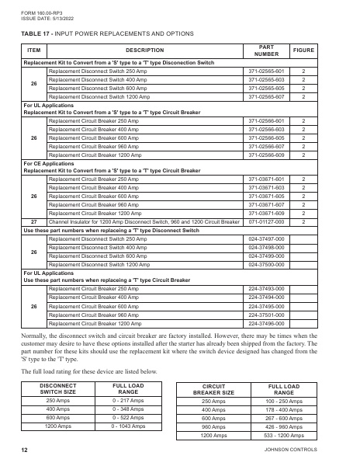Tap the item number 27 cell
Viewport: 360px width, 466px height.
[33, 221]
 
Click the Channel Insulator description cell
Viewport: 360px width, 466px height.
[144, 221]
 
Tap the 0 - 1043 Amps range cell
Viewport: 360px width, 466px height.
[126, 426]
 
